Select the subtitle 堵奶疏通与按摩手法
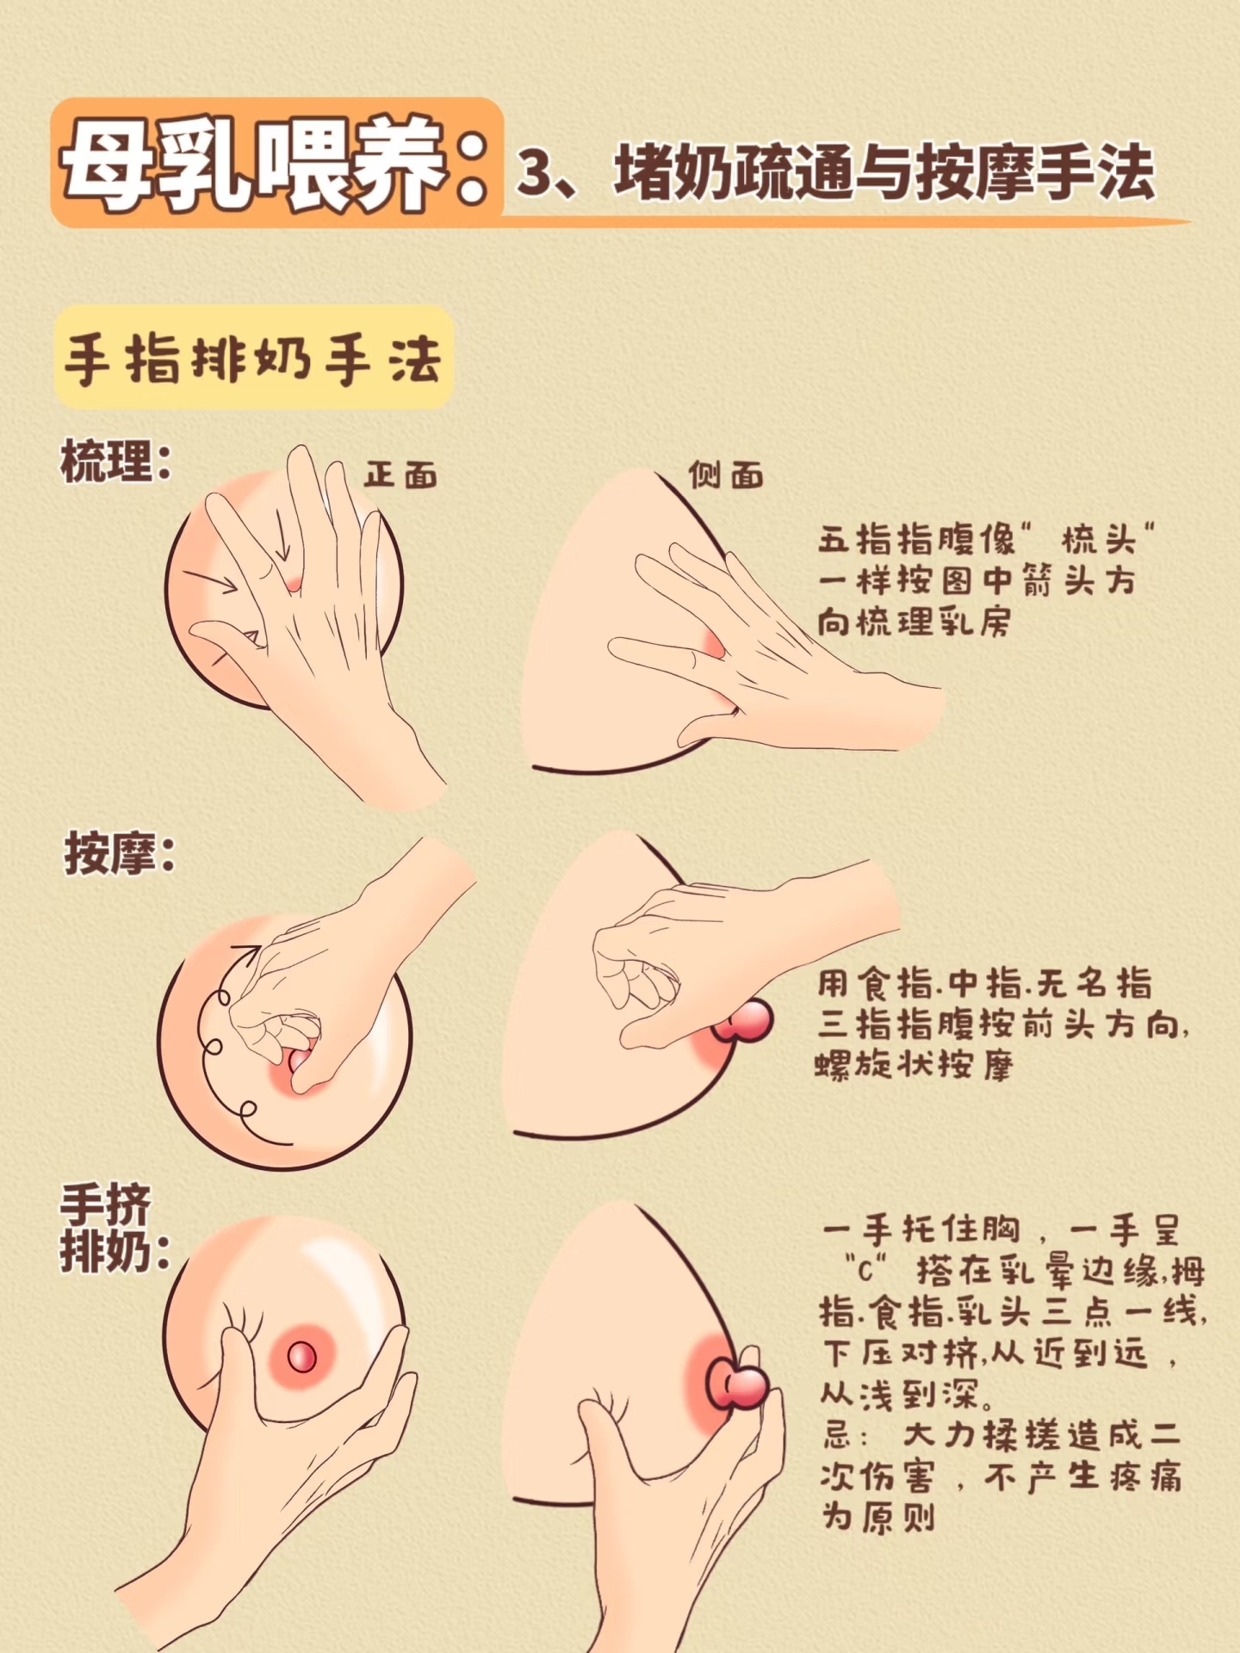point(883,172)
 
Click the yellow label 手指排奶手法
point(252,358)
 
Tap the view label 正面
point(400,474)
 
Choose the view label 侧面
point(726,474)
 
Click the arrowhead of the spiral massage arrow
point(247,955)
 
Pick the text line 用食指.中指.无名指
point(984,983)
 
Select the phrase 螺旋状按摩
point(914,1065)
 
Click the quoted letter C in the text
point(865,1270)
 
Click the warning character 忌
point(837,1435)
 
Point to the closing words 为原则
point(877,1517)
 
